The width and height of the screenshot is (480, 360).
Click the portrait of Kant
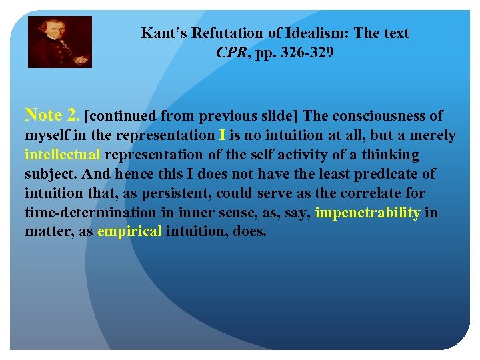click(x=59, y=42)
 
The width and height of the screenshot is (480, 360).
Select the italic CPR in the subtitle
click(x=231, y=52)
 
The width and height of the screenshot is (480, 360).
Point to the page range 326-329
click(x=305, y=52)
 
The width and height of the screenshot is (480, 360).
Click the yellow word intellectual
click(x=63, y=155)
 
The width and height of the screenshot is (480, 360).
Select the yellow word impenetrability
click(x=367, y=213)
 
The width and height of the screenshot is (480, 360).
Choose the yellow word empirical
click(x=129, y=232)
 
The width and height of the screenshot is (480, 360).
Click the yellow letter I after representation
click(x=221, y=135)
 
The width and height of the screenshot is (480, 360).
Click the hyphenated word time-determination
click(x=85, y=213)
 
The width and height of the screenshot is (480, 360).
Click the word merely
click(x=433, y=135)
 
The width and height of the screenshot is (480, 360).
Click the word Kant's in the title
click(x=164, y=33)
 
